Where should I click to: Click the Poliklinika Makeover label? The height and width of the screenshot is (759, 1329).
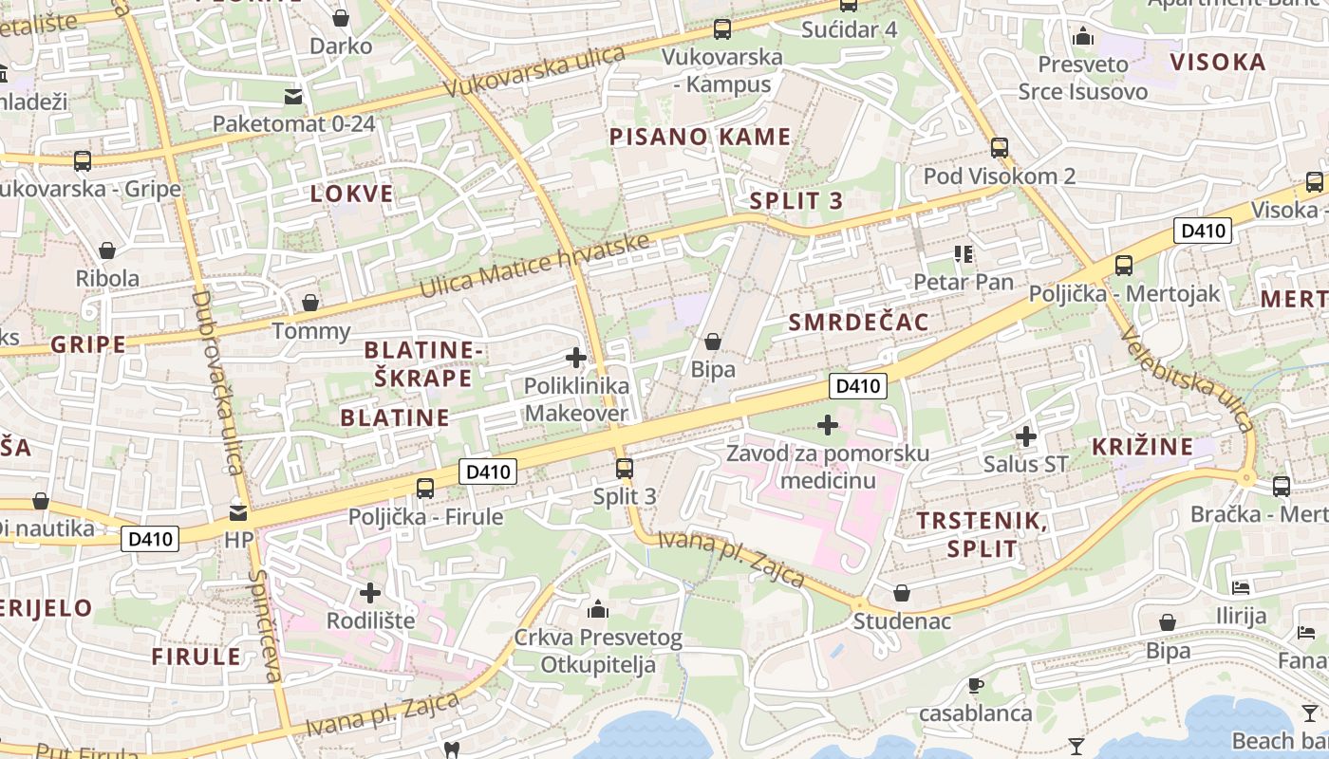tap(576, 400)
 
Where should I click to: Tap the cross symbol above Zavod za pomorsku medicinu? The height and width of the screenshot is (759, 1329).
tap(828, 425)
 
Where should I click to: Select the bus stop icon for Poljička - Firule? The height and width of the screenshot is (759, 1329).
tap(425, 489)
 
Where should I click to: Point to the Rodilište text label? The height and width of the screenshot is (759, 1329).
tap(370, 620)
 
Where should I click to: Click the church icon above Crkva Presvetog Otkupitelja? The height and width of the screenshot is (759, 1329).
tap(598, 609)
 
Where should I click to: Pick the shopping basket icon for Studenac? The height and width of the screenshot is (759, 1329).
tap(902, 593)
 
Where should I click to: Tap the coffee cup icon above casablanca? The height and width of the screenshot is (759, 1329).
tap(975, 685)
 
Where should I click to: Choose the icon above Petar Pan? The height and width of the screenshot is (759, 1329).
tap(964, 253)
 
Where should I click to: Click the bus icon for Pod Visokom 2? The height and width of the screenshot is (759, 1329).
tap(999, 148)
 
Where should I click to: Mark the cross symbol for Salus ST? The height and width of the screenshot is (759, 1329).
tap(1025, 436)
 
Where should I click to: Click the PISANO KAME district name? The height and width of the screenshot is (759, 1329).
tap(700, 137)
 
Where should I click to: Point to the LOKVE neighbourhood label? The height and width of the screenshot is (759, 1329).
tap(351, 194)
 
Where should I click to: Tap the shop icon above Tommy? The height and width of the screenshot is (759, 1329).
tap(310, 303)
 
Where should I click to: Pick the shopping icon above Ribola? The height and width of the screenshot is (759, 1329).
tap(107, 250)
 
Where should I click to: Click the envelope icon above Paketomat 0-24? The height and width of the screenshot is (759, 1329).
tap(293, 96)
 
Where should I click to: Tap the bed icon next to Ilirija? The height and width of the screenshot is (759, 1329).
tap(1241, 588)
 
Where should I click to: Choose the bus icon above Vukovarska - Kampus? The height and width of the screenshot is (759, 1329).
tap(722, 29)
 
